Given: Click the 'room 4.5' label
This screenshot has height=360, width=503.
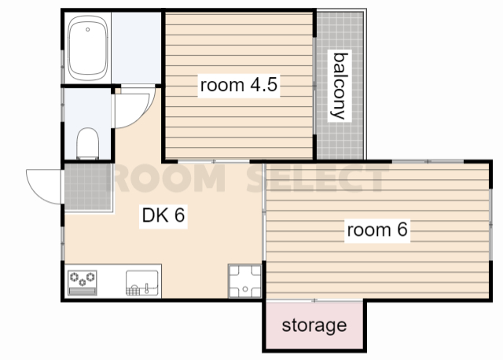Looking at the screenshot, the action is [x=239, y=85].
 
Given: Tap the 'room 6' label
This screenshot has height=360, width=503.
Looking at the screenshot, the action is [x=377, y=230].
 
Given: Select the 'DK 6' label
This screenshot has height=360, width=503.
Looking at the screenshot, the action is [x=163, y=215].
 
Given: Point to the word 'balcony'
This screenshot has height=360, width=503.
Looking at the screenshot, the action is [x=340, y=86].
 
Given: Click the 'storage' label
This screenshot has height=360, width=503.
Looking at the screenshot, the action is [x=314, y=325].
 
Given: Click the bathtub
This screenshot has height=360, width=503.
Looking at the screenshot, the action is [x=87, y=48].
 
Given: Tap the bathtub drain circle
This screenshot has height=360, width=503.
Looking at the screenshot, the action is [x=87, y=30].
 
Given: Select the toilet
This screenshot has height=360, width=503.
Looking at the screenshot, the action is [x=87, y=143].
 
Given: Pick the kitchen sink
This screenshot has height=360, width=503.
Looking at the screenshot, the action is [x=142, y=283].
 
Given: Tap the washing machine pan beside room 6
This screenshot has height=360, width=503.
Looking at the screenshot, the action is [x=244, y=281].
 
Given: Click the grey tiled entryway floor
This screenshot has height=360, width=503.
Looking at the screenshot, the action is [x=88, y=187].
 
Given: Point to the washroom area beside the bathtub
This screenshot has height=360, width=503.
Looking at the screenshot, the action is [x=136, y=48].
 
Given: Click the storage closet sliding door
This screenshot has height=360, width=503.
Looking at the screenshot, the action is [x=314, y=300].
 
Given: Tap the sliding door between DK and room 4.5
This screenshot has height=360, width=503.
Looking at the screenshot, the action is [x=214, y=161].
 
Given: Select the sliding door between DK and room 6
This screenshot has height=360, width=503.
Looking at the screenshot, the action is [x=264, y=211].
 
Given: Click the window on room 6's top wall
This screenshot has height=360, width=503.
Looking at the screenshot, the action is [x=428, y=161].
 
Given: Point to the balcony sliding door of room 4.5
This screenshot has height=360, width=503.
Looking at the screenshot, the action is [x=314, y=86].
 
